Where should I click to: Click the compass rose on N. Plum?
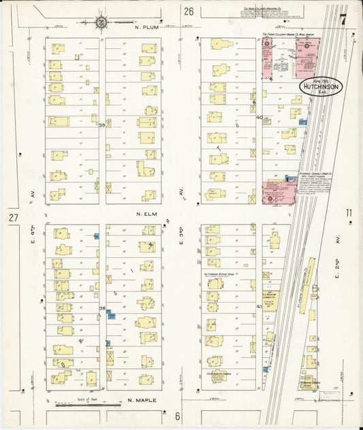tap(101, 22)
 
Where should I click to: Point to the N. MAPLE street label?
tap(143, 401)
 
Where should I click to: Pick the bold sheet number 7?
tap(343, 19)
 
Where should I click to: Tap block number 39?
tap(102, 125)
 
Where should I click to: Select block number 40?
tap(259, 117)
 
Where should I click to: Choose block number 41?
tap(259, 307)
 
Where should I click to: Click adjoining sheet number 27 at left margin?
tap(13, 218)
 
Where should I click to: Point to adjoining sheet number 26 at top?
tap(189, 11)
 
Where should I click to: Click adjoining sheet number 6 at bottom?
tap(177, 416)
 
